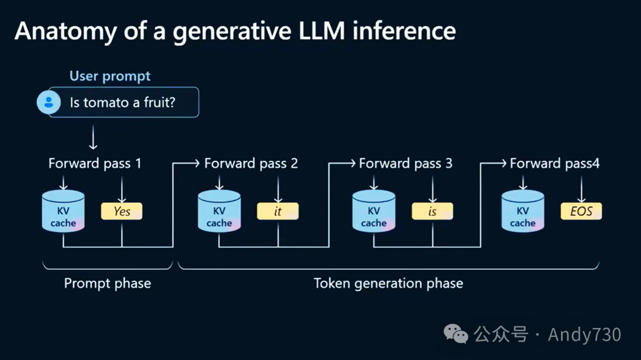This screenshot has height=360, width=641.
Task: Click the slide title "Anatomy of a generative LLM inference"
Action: point(235,31)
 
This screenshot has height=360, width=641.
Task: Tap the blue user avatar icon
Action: point(49,103)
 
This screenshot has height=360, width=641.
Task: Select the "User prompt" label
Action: point(110,76)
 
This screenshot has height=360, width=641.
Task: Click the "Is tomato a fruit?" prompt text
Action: point(122,103)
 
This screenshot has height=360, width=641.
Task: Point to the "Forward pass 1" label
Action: point(95,164)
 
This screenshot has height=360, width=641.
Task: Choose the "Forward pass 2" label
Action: point(250,164)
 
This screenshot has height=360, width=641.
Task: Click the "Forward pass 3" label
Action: point(405,164)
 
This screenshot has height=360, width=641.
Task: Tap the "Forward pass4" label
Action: point(554,164)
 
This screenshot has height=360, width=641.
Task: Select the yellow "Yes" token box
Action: point(122,212)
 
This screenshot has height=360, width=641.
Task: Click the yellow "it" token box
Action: point(277,212)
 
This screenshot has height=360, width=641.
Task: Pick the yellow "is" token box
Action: point(432,212)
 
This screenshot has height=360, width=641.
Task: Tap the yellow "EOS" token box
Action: point(581,212)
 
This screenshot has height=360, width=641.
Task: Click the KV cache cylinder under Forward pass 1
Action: point(64,212)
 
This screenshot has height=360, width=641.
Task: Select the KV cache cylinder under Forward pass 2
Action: point(219,212)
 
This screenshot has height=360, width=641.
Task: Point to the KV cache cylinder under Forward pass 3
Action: point(374,212)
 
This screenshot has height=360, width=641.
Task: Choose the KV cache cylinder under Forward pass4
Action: point(523,212)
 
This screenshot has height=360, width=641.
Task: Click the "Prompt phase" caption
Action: point(107,283)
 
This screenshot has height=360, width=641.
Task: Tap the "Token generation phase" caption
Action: point(388,283)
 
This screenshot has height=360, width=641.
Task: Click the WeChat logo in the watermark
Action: point(456,334)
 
